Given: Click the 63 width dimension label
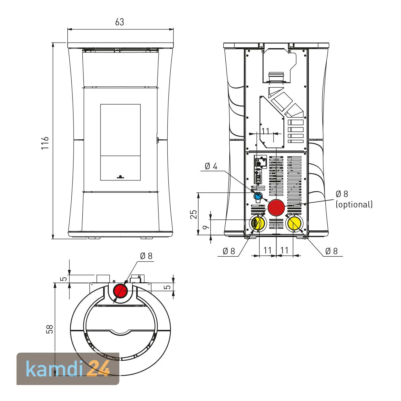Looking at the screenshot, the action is pos(119,22).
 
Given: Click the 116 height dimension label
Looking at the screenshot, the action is pos(45,143).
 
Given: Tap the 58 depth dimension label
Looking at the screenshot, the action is pos(50,329).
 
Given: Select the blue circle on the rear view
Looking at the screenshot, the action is pos(258,196).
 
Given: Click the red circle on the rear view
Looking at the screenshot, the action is pos(276,207).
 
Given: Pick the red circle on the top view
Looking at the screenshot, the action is pos(121,291).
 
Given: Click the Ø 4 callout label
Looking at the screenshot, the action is pos(211,166).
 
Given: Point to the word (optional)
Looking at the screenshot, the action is pos(354,205).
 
